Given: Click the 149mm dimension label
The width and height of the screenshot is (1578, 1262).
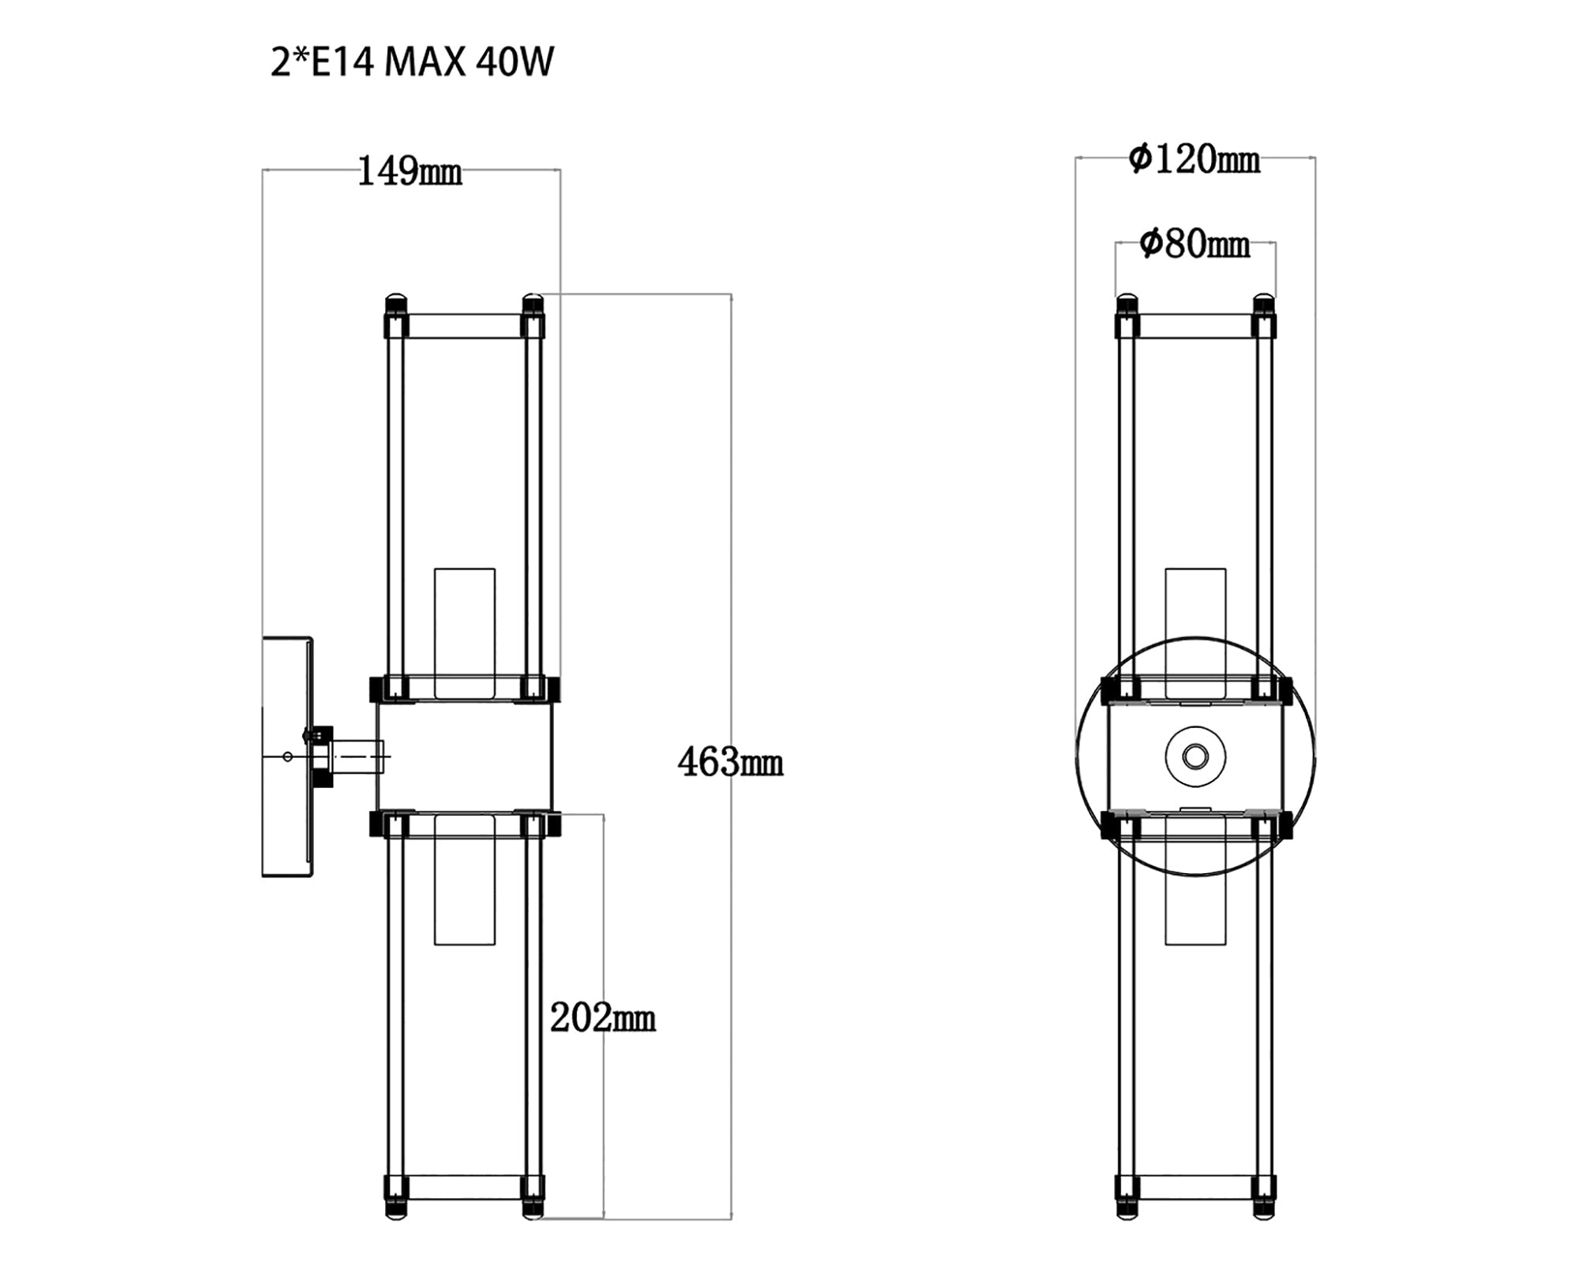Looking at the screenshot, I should click(x=409, y=171).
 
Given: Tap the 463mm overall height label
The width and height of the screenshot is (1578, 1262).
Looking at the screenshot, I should click(x=730, y=763).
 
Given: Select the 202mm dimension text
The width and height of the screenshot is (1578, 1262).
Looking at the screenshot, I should click(x=603, y=1018).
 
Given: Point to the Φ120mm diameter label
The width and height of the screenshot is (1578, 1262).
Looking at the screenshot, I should click(x=1194, y=159).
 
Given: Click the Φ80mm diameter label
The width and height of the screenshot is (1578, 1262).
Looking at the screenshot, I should click(x=1195, y=245).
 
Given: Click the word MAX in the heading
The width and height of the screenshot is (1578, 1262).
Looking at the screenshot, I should click(x=424, y=62).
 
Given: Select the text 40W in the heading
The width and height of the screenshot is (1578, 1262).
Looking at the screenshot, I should click(x=515, y=62).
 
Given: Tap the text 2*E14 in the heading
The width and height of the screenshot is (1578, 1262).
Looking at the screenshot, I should click(x=322, y=62).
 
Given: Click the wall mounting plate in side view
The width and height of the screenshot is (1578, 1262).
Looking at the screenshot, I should click(x=286, y=757).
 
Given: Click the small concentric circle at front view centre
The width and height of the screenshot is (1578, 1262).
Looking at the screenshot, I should click(x=1195, y=756).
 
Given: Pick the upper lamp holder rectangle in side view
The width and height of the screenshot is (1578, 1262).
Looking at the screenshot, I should click(x=465, y=633).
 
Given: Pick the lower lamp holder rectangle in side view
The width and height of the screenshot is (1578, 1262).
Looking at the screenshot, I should click(x=465, y=880).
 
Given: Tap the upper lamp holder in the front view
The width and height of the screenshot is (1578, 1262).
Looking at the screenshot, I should click(x=1195, y=623).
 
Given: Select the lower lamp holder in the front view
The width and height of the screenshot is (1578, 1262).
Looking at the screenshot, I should click(x=1195, y=891).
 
